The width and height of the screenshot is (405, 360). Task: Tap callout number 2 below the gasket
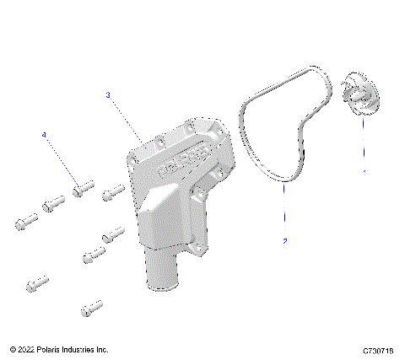coord(285,241)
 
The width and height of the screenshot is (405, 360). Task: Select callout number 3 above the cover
coord(108,95)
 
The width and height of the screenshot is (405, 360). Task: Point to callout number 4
coord(44,135)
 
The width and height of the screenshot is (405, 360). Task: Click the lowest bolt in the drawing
coord(90,309)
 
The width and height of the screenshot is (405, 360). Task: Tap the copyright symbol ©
coord(13,348)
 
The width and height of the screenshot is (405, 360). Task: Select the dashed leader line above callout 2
coord(284,211)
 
